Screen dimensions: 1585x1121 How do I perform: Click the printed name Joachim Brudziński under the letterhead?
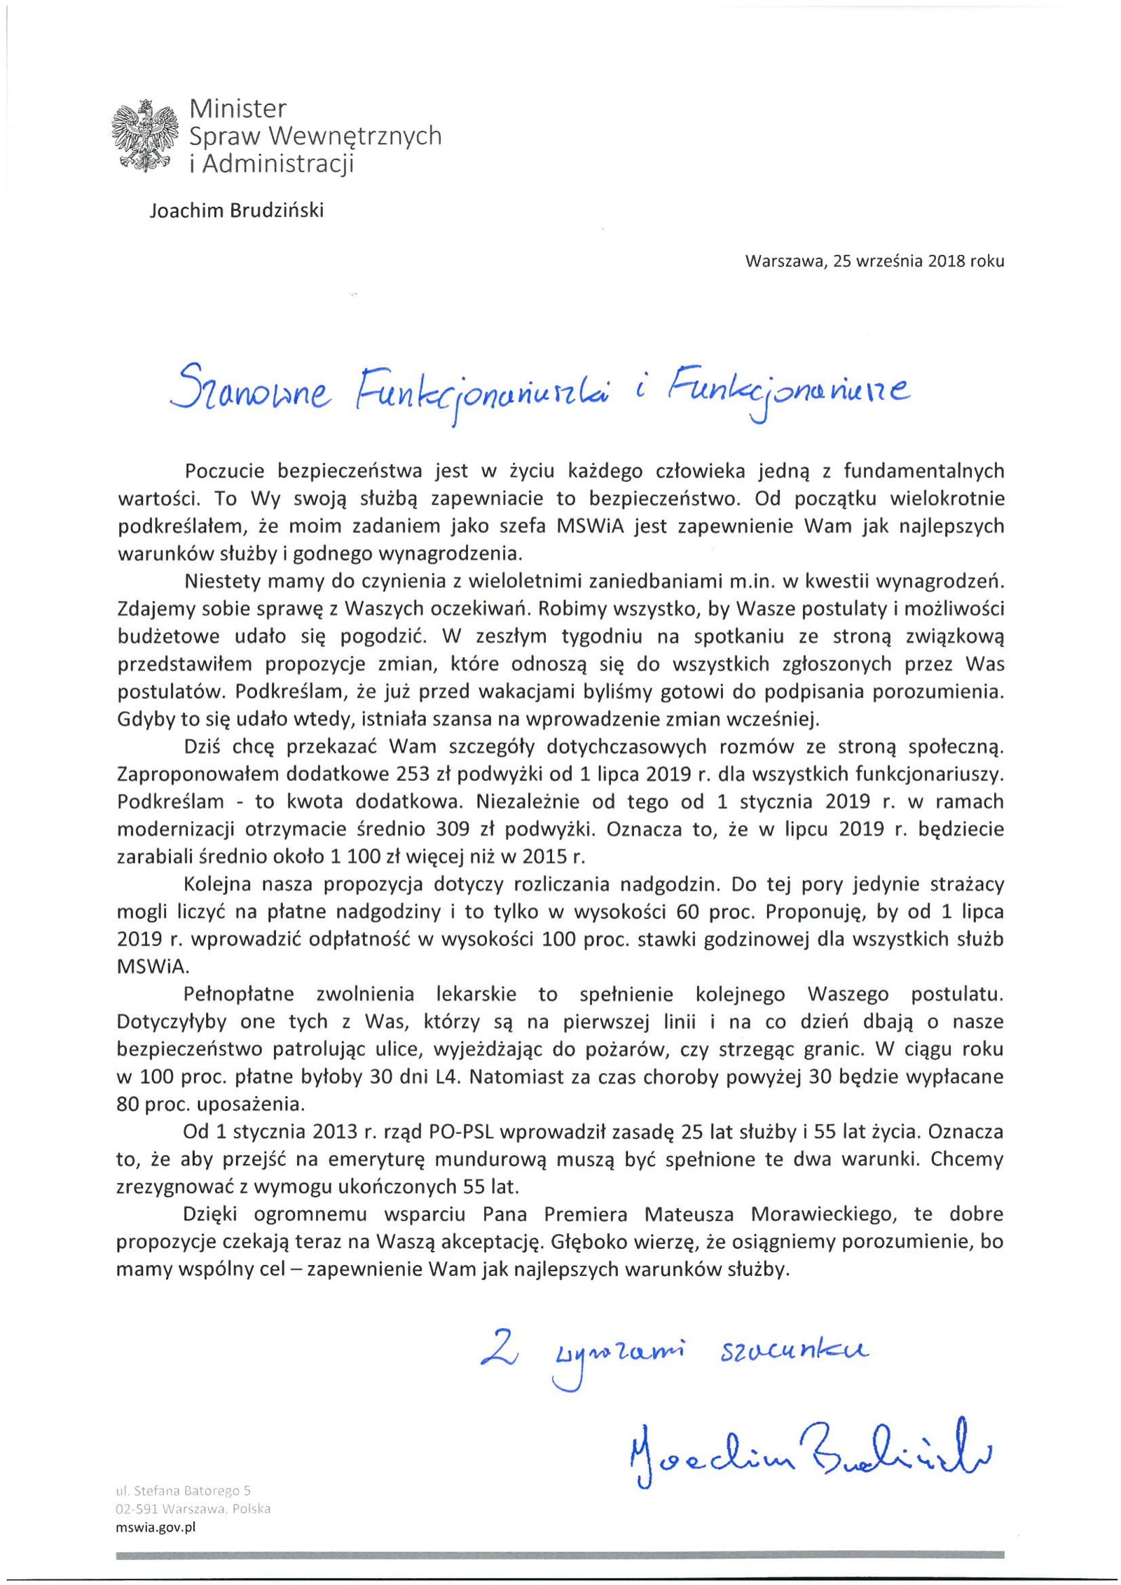click(x=236, y=211)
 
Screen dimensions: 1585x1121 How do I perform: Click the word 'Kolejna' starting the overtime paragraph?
click(x=219, y=884)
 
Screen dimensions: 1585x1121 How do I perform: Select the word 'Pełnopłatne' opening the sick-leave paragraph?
click(x=238, y=994)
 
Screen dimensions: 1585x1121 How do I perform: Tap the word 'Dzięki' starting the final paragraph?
click(x=212, y=1214)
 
